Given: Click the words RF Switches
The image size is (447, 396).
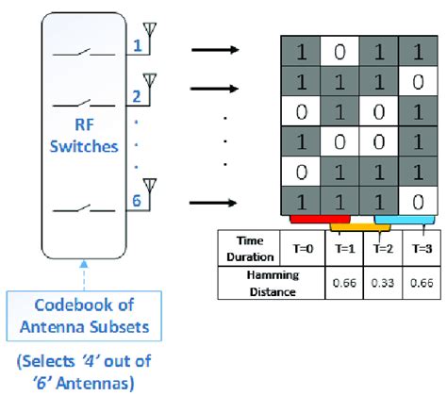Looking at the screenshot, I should [x=84, y=137].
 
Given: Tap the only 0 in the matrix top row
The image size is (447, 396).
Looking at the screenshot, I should [x=336, y=49].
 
